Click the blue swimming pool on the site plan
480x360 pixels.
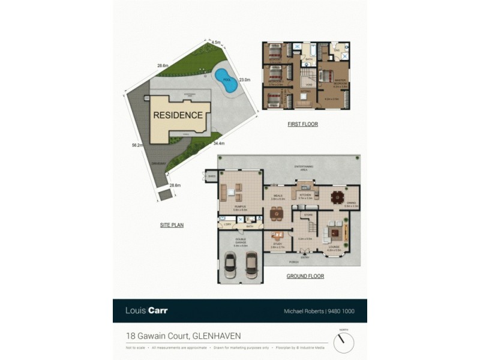pos(227,85)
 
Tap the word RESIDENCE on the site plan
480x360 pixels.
pos(178,115)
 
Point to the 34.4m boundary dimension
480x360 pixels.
pos(218,144)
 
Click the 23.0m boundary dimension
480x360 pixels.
pos(244,79)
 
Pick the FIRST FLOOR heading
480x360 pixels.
pos(303,124)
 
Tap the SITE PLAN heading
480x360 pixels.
pos(172,225)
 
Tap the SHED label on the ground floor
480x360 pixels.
pos(211,176)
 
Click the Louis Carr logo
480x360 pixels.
pos(146,311)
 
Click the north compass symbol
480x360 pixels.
pos(344,342)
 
